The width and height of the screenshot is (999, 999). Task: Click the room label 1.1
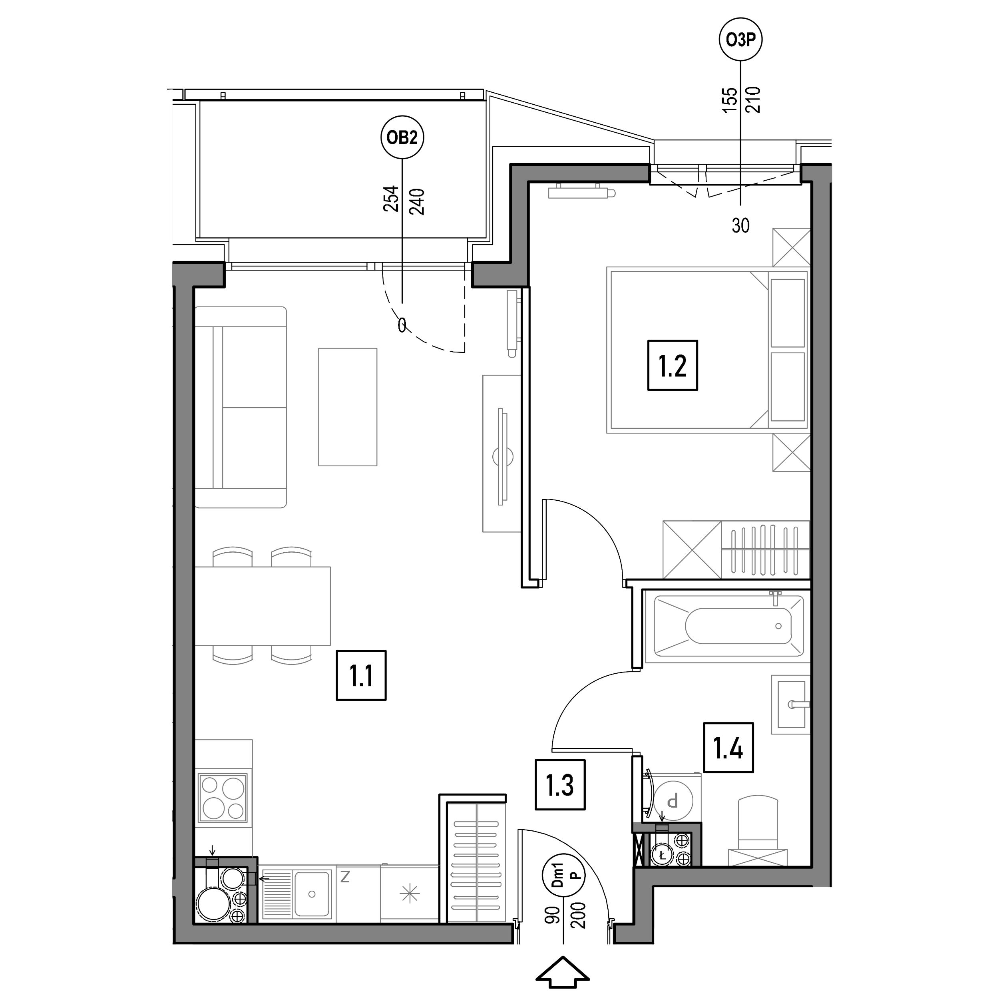tap(361, 675)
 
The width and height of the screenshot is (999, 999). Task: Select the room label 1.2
tap(672, 365)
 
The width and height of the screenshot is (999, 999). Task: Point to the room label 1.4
tap(728, 748)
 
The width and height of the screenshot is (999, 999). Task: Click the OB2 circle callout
tap(402, 137)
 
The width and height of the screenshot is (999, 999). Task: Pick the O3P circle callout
tap(741, 40)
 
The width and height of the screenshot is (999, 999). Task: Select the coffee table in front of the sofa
tap(348, 407)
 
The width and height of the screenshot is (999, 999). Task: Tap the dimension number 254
tap(390, 199)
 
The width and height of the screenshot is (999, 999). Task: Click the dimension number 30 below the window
tap(740, 225)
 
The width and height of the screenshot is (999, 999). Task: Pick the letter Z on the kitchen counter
tap(345, 876)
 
